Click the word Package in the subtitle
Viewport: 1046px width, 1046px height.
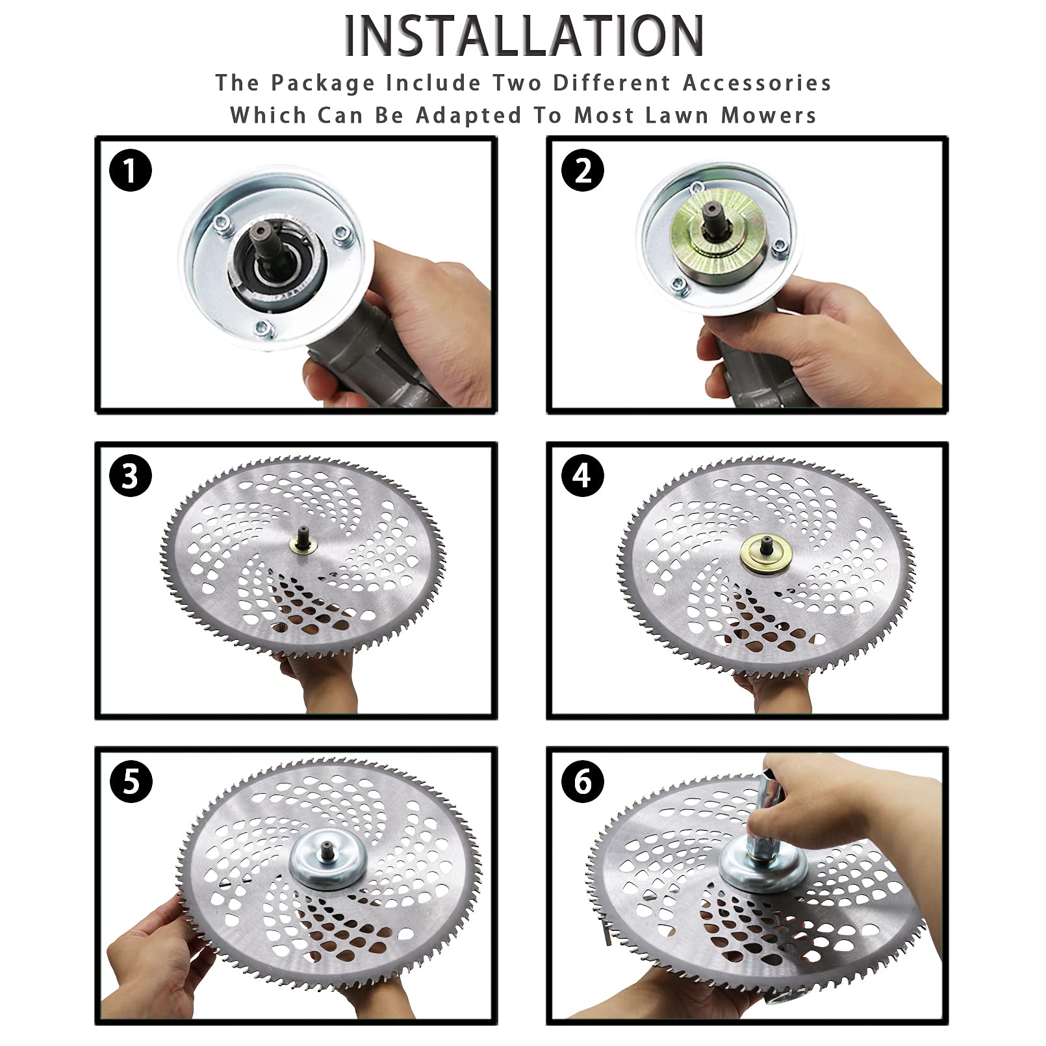click(323, 83)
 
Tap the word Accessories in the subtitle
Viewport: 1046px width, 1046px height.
click(757, 83)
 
